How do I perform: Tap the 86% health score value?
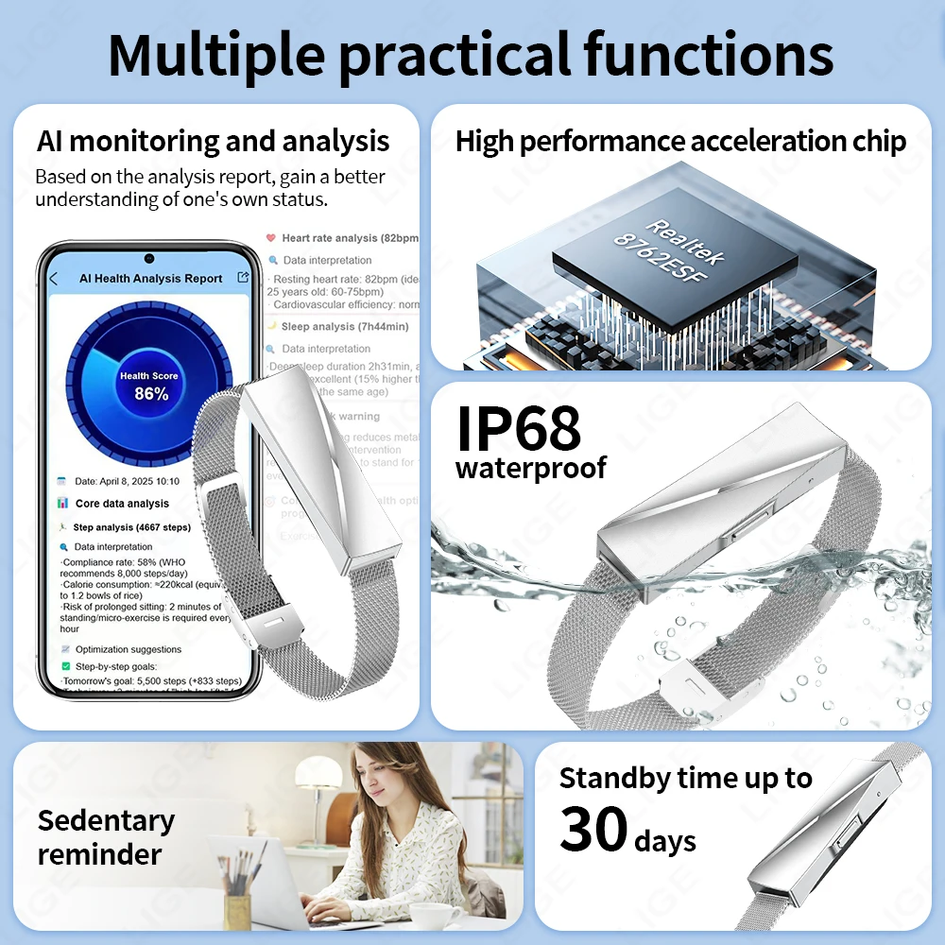point(150,394)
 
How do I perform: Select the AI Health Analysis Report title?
point(150,279)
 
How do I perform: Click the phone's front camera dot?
point(149,258)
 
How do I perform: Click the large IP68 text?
point(518,429)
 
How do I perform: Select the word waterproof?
point(531,469)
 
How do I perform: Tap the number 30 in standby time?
point(593,830)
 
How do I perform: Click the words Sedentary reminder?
point(106,837)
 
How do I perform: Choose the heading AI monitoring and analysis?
point(213,142)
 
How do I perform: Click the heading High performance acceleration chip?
point(680,142)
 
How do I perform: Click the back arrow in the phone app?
point(54,279)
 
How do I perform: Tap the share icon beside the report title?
point(243,277)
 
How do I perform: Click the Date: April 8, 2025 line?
point(128,481)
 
